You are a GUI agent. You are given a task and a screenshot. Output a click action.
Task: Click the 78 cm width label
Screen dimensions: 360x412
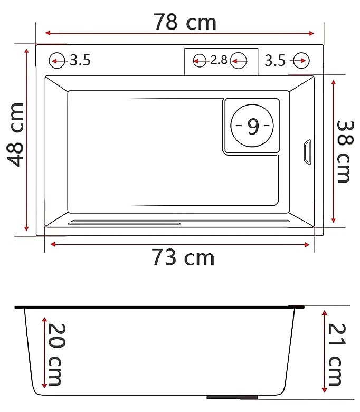point(185,22)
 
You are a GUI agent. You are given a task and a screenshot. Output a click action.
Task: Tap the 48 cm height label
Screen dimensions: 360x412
point(15,135)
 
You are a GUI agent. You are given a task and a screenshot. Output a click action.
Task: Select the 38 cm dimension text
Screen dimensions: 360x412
point(344,151)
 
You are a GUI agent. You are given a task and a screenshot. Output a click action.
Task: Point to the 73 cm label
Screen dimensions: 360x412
point(183,257)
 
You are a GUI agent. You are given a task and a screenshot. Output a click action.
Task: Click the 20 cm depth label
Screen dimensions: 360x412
point(55,354)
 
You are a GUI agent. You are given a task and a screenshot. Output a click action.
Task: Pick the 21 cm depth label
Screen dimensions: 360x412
point(337,354)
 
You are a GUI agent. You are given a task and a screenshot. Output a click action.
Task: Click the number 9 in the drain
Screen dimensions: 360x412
point(253,127)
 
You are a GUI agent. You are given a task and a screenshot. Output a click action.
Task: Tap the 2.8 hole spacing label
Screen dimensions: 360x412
point(219,60)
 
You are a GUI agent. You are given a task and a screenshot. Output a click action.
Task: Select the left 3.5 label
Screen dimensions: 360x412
point(80,60)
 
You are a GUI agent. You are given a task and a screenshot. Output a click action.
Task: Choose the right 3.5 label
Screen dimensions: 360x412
point(275,61)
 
